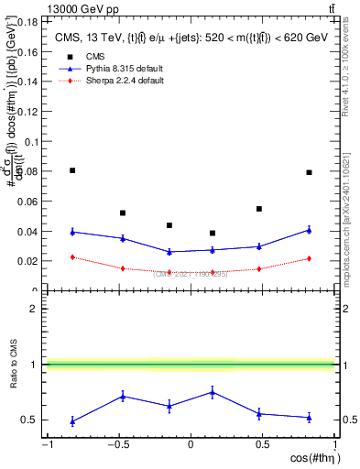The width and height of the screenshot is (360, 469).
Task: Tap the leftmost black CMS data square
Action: (x=72, y=170)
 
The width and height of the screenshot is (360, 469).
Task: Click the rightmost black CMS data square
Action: (x=309, y=172)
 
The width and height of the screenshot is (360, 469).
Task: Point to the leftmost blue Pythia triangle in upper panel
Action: (x=72, y=232)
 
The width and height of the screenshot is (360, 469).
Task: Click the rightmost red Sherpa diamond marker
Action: (x=309, y=258)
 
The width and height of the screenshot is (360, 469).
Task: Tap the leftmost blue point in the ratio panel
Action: (x=72, y=421)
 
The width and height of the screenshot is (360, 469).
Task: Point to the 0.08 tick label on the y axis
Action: (x=28, y=170)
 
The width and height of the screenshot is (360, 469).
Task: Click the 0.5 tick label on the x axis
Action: (x=260, y=446)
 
